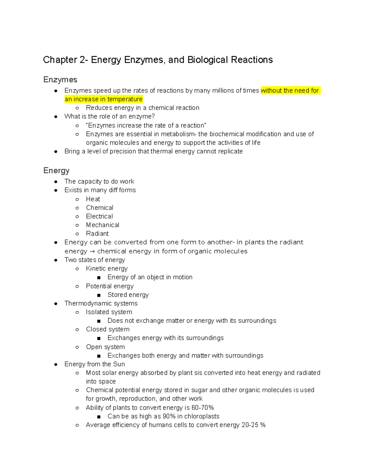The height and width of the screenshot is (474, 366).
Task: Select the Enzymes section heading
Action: coord(60,80)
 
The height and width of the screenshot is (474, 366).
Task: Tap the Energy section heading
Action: coord(56,170)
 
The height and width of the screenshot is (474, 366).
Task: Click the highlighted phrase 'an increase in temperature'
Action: coord(103,99)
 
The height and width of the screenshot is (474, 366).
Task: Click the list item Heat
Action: coord(93,199)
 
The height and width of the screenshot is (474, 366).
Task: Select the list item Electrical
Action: coord(99,216)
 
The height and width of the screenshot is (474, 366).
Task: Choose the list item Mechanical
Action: coord(102,225)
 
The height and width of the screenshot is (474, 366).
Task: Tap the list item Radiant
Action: coord(97,233)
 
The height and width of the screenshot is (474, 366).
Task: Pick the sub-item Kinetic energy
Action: coord(107,269)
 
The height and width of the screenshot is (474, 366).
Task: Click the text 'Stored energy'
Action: coord(128,295)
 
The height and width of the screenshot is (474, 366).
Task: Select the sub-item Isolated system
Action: coord(109,312)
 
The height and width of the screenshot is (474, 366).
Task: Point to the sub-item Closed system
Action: coord(108,329)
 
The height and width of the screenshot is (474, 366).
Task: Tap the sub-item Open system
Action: coord(105,347)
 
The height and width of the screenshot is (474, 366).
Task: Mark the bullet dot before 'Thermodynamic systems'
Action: coord(56,304)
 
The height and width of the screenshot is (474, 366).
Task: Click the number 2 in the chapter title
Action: coord(83,60)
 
